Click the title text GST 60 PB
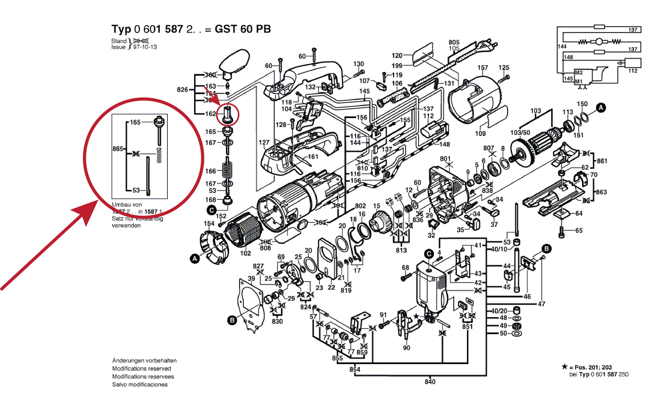tap(242, 29)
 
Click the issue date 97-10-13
tap(145, 47)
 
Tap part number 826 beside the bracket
tap(182, 90)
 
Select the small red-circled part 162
tap(228, 114)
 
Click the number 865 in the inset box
tap(118, 149)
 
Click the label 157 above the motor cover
tap(482, 67)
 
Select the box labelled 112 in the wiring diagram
tap(632, 63)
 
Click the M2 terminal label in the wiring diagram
tap(579, 73)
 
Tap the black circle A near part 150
tap(601, 108)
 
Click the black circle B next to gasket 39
tap(232, 320)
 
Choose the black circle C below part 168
tap(212, 210)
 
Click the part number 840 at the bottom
tap(430, 382)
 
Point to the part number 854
tap(355, 370)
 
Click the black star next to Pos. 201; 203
tap(565, 367)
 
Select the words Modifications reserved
tap(141, 369)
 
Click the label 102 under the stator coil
tap(245, 253)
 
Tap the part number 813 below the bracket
tap(401, 250)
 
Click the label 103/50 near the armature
tap(520, 133)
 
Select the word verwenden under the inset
tap(126, 226)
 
